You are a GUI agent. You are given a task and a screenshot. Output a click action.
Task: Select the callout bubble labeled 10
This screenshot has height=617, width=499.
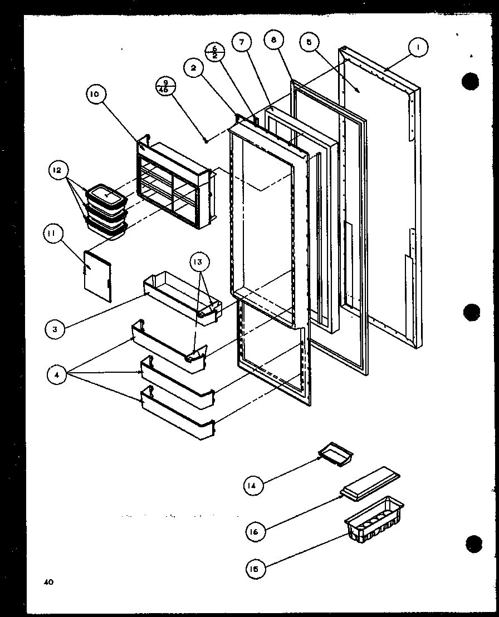[x=95, y=95]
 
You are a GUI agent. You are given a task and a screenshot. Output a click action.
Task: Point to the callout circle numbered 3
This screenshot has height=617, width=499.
[x=54, y=329]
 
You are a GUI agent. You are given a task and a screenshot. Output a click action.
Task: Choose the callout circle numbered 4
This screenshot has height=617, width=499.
[x=57, y=376]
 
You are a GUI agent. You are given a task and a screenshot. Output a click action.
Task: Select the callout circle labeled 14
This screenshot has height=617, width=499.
[x=253, y=486]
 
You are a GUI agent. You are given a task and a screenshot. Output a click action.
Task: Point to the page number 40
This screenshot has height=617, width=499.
[x=49, y=583]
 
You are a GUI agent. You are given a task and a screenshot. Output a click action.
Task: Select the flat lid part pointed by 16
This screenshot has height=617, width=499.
[x=370, y=480]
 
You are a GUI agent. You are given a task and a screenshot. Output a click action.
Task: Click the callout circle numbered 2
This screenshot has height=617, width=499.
[x=193, y=68]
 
